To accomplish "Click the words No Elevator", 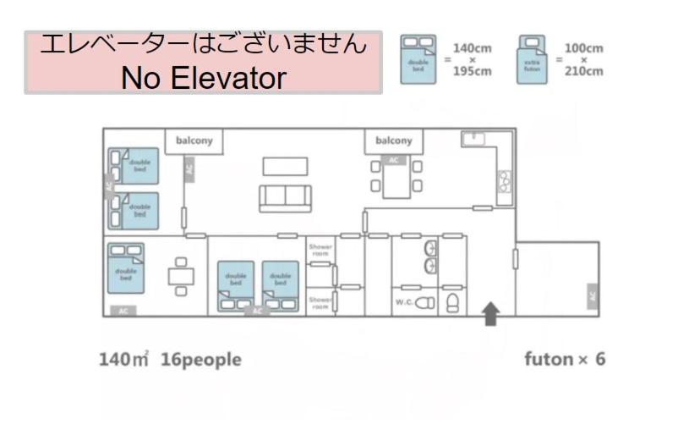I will (x=204, y=78).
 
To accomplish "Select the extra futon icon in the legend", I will (x=531, y=58).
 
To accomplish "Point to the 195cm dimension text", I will (x=472, y=71).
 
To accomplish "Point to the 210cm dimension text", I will (x=584, y=71).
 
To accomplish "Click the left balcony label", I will (x=194, y=141).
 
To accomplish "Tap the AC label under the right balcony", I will (x=393, y=158).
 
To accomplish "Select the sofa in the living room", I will (x=285, y=196).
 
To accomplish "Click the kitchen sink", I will (x=470, y=140).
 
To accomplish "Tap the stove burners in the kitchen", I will (x=505, y=179).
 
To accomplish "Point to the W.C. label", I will (x=404, y=301).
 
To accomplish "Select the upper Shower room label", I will (x=320, y=249).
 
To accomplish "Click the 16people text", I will (x=200, y=360).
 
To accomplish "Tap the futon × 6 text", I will (x=565, y=360).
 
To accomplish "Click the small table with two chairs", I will (x=181, y=275).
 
